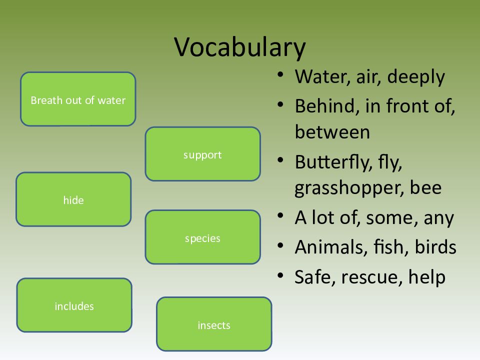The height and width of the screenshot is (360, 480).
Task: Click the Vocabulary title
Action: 240,47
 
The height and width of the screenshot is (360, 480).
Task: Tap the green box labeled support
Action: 202,154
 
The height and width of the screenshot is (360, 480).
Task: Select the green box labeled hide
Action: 73,199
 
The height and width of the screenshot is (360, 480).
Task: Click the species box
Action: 202,237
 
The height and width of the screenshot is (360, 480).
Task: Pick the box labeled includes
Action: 74,305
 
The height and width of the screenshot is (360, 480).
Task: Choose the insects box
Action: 214,324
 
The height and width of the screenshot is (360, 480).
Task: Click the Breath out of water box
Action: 78,99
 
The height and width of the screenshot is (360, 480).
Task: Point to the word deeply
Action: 416,77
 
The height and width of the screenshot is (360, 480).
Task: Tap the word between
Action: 332,132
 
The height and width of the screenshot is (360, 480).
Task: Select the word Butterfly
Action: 333,162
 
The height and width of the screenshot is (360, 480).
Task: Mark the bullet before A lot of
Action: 280,216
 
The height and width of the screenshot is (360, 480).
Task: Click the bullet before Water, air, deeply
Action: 280,74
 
